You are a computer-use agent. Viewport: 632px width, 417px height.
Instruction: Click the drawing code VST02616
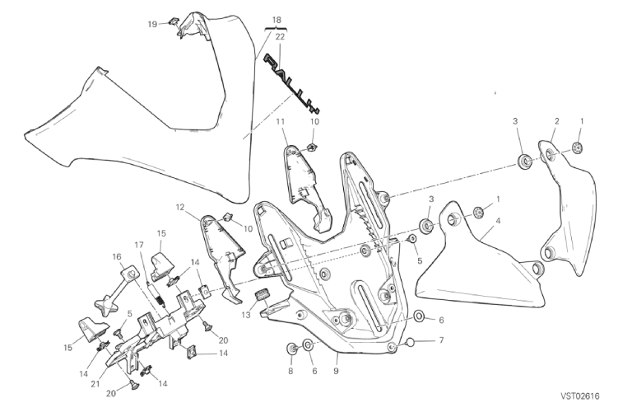[x=579, y=396]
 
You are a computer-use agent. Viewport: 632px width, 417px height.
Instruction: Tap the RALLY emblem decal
[x=291, y=83]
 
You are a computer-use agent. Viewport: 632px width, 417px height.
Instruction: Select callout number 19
[x=152, y=24]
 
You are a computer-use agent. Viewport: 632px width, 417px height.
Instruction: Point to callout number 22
[x=280, y=37]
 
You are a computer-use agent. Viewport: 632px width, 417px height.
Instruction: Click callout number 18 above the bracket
[x=276, y=20]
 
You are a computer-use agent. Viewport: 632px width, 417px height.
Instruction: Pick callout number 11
[x=281, y=121]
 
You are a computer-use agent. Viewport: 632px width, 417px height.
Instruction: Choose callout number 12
[x=179, y=208]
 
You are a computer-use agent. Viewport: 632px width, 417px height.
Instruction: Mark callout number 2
[x=556, y=120]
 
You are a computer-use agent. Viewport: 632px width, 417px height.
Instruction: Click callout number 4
[x=498, y=221]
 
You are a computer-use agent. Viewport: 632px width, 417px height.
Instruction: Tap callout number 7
[x=441, y=340]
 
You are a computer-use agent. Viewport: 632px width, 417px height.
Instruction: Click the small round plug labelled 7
[x=411, y=342]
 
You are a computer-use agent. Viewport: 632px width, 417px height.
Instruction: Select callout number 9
[x=336, y=371]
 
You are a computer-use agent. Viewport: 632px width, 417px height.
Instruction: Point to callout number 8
[x=290, y=371]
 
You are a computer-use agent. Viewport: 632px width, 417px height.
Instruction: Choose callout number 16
[x=117, y=257]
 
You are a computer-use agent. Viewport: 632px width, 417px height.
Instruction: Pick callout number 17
[x=139, y=245]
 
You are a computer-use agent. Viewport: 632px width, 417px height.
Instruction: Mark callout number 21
[x=95, y=384]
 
